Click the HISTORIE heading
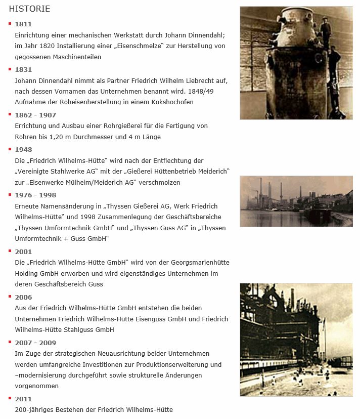coord(29,9)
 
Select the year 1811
coord(23,24)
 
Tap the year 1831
coord(23,70)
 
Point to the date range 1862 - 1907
coord(35,115)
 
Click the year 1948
coord(23,150)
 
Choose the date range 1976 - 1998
coord(35,195)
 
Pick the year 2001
coord(23,252)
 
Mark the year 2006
coord(23,298)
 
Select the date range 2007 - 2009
coord(35,343)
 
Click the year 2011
coord(23,399)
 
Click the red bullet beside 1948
coord(10,149)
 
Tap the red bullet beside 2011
coord(10,398)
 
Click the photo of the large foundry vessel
coord(296,63)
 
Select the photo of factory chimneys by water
coord(296,201)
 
